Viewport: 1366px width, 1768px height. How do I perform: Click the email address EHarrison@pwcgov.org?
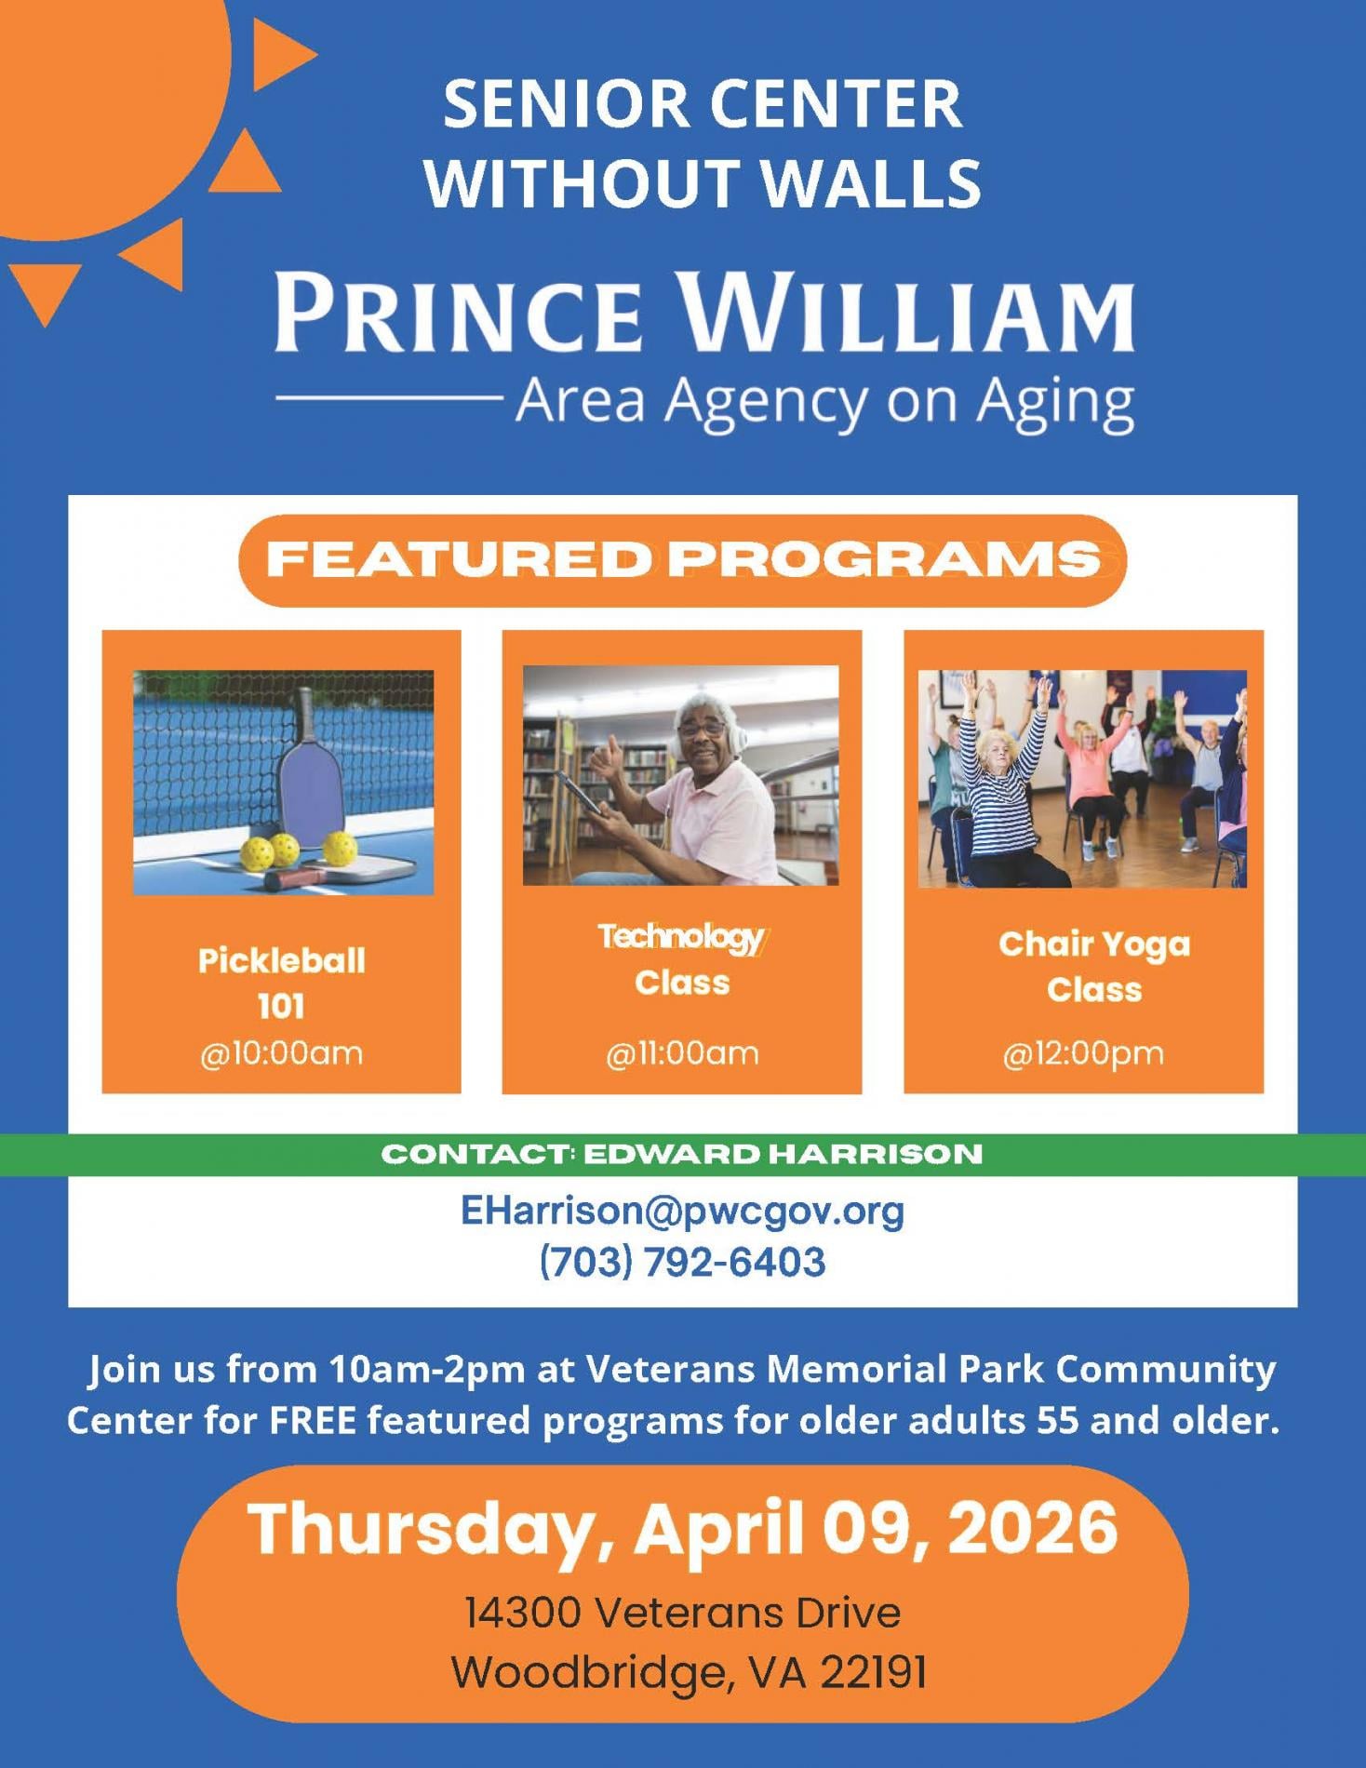(x=682, y=1211)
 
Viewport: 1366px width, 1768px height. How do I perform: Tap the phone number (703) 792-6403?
(x=682, y=1263)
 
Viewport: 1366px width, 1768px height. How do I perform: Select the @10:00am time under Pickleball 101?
(x=281, y=1053)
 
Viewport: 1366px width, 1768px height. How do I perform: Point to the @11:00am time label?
(x=682, y=1053)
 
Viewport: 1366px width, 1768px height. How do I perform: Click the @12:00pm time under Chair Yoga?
(x=1083, y=1053)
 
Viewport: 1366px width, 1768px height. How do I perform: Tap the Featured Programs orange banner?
(x=682, y=560)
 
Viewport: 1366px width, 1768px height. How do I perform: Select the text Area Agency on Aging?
(x=825, y=400)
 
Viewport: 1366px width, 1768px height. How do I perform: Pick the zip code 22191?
(x=874, y=1672)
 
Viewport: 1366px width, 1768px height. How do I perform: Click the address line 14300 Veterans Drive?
(x=682, y=1613)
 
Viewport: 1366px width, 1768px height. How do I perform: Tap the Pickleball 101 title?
(x=281, y=983)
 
